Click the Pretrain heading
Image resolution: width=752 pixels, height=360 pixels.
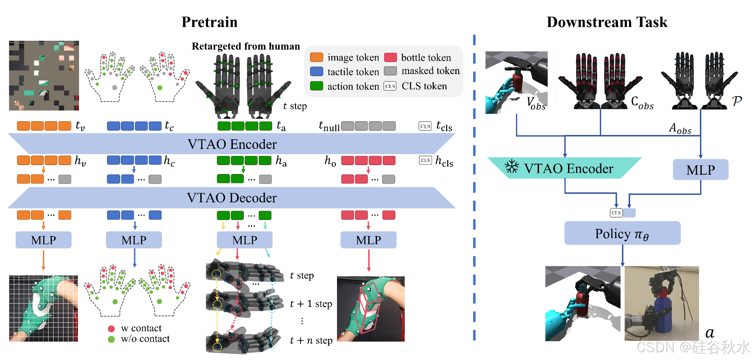pyautogui.click(x=209, y=22)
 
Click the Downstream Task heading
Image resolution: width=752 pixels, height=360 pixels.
pyautogui.click(x=607, y=22)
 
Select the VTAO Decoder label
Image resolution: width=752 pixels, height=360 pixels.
pyautogui.click(x=232, y=198)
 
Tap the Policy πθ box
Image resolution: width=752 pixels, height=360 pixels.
pyautogui.click(x=622, y=234)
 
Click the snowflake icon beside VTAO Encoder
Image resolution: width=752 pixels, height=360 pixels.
pyautogui.click(x=512, y=167)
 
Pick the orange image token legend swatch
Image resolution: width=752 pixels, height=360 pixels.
pyautogui.click(x=316, y=57)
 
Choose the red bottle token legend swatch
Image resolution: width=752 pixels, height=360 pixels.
pyautogui.click(x=390, y=57)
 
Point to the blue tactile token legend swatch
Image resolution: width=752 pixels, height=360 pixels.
pyautogui.click(x=316, y=72)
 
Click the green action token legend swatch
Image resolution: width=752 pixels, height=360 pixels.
pyautogui.click(x=316, y=86)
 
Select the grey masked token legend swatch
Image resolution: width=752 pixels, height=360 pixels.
pyautogui.click(x=390, y=71)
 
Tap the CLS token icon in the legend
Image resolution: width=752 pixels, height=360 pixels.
pyautogui.click(x=390, y=86)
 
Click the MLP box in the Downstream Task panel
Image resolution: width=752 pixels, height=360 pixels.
pyautogui.click(x=700, y=170)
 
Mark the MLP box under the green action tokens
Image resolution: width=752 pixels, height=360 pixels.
pyautogui.click(x=245, y=240)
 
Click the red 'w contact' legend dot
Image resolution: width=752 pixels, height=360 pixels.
pyautogui.click(x=111, y=328)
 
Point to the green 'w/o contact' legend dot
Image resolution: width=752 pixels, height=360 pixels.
pyautogui.click(x=111, y=339)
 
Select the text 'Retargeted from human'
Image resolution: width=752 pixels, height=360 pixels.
pyautogui.click(x=246, y=46)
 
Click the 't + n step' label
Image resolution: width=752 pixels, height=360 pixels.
pyautogui.click(x=311, y=341)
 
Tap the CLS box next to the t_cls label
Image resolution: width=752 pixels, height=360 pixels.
pyautogui.click(x=425, y=126)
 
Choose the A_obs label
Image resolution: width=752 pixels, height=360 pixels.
pyautogui.click(x=680, y=128)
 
